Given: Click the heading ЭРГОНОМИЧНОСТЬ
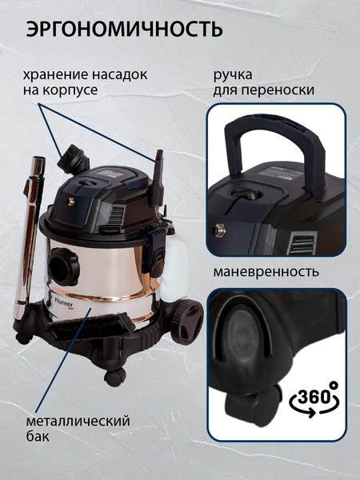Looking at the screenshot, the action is [124, 30].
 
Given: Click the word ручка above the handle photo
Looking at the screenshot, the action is [233, 75].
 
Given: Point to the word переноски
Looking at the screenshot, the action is [278, 90].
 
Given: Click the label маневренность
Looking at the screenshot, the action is [266, 272].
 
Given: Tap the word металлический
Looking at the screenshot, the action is [78, 422].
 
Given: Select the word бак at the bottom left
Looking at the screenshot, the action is [38, 436].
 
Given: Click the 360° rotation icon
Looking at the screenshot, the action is [314, 399].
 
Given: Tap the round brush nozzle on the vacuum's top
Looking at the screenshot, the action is [73, 159].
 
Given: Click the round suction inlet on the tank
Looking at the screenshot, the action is [64, 266].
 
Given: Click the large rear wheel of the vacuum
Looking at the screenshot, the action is [187, 322].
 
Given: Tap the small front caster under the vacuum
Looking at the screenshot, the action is [114, 377].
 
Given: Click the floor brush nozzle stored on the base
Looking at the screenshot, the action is [90, 327].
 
